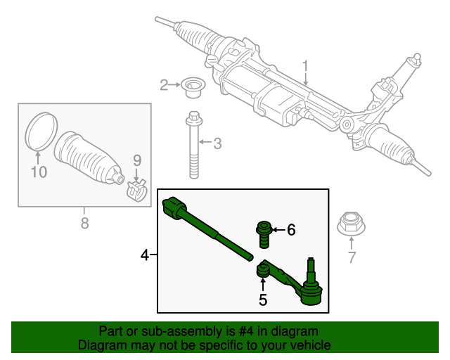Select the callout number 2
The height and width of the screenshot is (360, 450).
point(164,85)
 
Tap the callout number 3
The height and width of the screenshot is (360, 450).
point(217,144)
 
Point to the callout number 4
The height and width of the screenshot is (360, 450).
point(145,255)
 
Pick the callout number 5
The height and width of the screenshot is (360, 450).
point(262,300)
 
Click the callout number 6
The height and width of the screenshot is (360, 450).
point(291,229)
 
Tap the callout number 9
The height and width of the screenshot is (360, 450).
point(138,160)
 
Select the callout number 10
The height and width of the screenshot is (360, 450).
point(39,171)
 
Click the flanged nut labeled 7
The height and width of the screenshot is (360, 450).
point(350,224)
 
